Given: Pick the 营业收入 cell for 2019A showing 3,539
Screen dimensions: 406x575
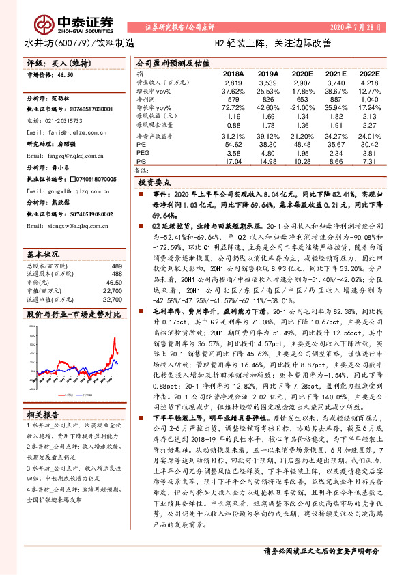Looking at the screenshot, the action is [x=268, y=82].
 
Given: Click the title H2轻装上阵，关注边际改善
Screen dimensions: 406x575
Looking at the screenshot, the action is [x=273, y=44].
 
